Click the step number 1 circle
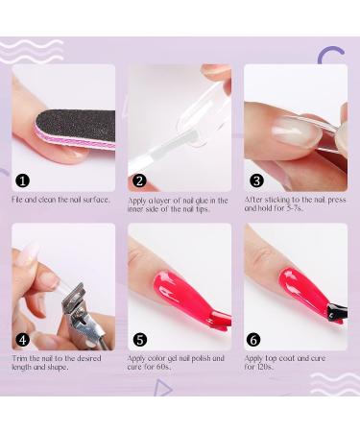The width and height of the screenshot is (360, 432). (23, 180)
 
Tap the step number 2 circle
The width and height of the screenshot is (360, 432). (139, 180)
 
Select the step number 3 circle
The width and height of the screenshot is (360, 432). (256, 180)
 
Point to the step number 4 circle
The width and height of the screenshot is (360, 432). (23, 339)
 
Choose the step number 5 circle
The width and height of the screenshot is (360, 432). (139, 339)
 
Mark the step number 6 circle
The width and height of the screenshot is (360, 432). (254, 339)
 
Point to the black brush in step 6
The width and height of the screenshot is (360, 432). (336, 311)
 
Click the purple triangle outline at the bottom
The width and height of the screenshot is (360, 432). (163, 387)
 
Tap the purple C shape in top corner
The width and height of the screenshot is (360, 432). (331, 58)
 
